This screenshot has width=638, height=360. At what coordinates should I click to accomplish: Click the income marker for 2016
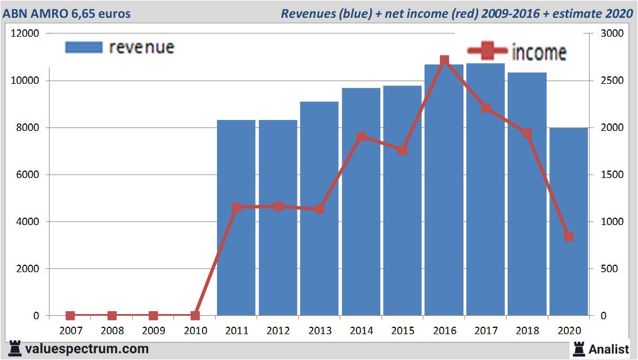444,60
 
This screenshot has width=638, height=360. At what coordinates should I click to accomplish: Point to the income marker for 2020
569,237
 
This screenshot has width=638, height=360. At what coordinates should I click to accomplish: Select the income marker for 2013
319,209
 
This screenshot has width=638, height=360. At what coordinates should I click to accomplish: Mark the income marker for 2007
70,316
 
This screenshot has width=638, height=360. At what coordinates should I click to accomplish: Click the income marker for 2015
403,150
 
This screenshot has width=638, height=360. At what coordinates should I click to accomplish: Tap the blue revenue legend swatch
84,47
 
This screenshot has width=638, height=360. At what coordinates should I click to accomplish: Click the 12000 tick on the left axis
25,33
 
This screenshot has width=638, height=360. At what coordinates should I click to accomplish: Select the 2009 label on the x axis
153,331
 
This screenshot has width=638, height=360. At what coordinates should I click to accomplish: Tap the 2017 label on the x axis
485,331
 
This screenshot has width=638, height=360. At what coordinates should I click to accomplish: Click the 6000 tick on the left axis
28,175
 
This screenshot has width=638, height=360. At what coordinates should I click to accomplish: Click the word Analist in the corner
608,349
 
